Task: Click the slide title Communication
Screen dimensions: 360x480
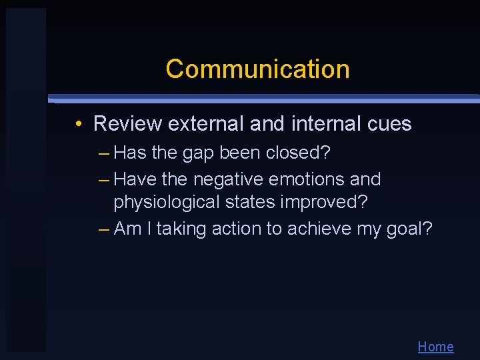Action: pos(257,69)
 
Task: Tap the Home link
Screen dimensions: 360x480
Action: pos(435,347)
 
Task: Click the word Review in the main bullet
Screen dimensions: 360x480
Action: pos(127,124)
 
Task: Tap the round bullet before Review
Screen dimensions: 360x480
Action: pos(79,124)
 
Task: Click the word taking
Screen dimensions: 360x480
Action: pos(182,229)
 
